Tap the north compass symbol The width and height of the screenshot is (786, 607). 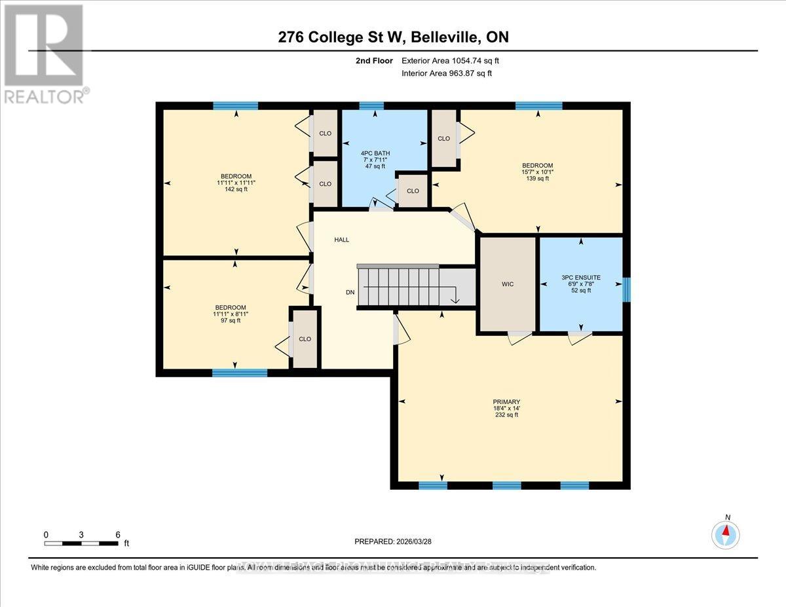[726, 534]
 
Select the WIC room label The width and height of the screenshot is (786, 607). [508, 284]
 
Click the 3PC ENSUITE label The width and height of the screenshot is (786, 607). [580, 277]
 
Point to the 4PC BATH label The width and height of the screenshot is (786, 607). [374, 153]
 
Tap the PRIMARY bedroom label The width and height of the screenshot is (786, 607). [507, 401]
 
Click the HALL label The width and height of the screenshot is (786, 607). [341, 240]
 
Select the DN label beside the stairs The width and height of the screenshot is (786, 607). [351, 292]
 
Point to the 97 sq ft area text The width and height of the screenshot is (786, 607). [231, 320]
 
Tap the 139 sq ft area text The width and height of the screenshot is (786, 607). [537, 178]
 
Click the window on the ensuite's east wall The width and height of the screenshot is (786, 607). [626, 289]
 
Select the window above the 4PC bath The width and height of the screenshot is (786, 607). [371, 105]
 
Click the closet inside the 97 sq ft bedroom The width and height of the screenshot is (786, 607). [305, 339]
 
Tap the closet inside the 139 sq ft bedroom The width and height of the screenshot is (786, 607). [443, 138]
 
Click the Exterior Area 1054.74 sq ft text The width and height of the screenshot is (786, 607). [455, 60]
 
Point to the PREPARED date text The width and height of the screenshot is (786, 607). [394, 542]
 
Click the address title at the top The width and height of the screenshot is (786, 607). [393, 37]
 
